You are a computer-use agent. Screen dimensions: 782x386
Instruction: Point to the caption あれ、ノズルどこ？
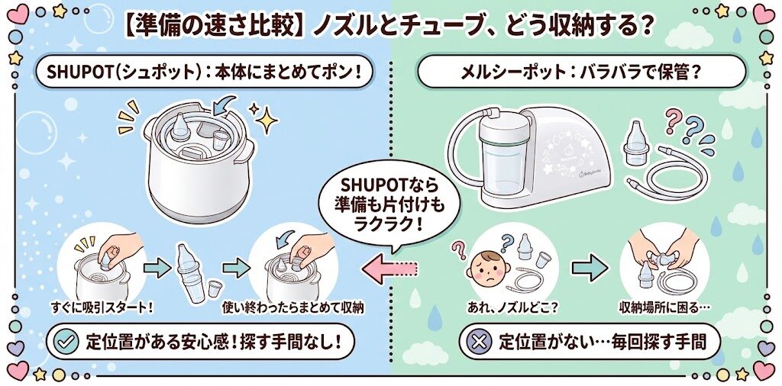tap(512, 307)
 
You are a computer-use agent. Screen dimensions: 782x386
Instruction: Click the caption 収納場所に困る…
tap(664, 307)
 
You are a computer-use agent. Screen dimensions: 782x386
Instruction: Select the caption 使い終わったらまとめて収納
tap(292, 307)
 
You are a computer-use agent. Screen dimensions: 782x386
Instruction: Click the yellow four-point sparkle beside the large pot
tap(267, 119)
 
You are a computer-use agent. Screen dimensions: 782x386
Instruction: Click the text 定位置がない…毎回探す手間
tap(602, 342)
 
